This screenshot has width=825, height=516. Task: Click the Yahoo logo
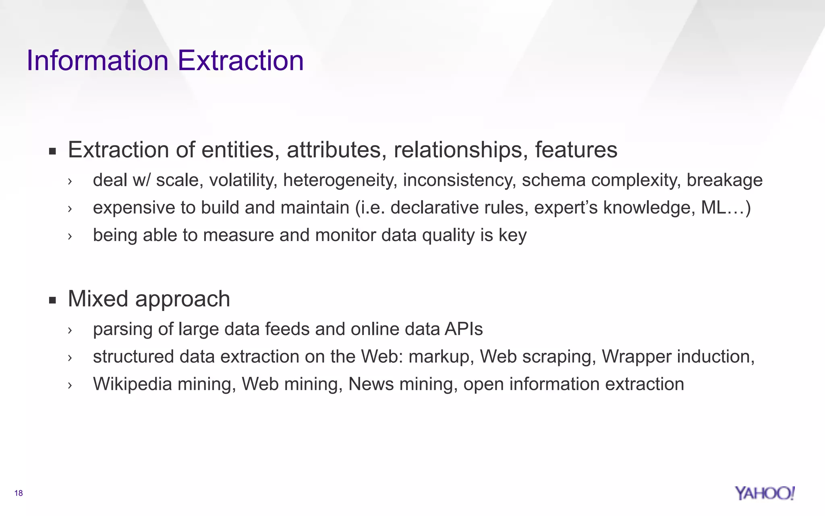[x=764, y=493]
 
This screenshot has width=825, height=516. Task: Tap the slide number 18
[x=19, y=493]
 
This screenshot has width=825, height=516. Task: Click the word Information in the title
[x=97, y=60]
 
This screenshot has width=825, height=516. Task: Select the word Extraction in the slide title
[x=240, y=60]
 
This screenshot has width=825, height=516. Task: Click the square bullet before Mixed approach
[x=52, y=300]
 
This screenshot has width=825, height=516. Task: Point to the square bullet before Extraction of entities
[x=52, y=152]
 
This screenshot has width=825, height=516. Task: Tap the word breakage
[x=724, y=180]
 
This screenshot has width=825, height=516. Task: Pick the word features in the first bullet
[x=576, y=150]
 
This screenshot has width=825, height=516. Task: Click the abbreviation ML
[x=713, y=208]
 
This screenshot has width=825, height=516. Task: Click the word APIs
[x=464, y=329]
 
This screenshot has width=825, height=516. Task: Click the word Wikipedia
[x=132, y=384]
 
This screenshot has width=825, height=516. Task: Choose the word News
[x=371, y=384]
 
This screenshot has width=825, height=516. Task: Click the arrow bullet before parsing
[x=70, y=330]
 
